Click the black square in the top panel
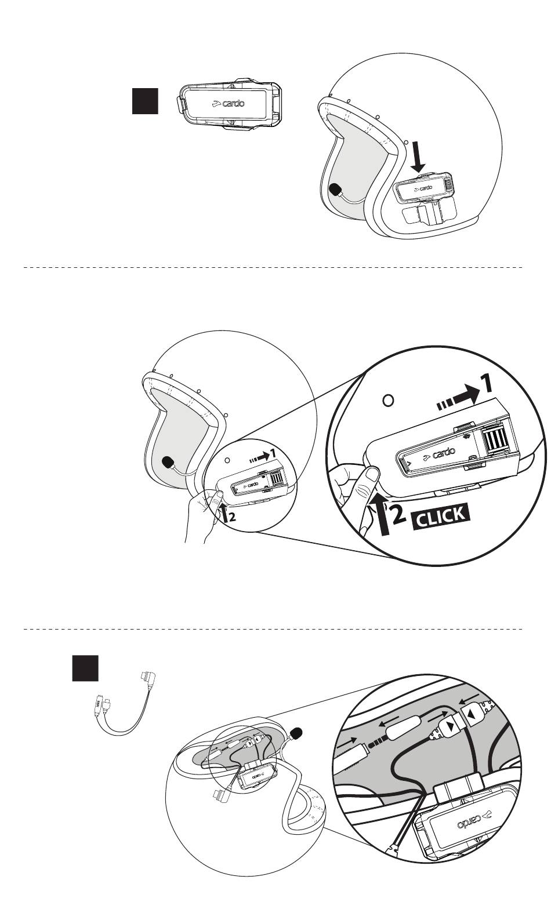click(144, 100)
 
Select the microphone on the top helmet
click(335, 190)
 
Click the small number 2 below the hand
click(232, 518)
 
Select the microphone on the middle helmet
click(169, 462)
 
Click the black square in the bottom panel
click(85, 668)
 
